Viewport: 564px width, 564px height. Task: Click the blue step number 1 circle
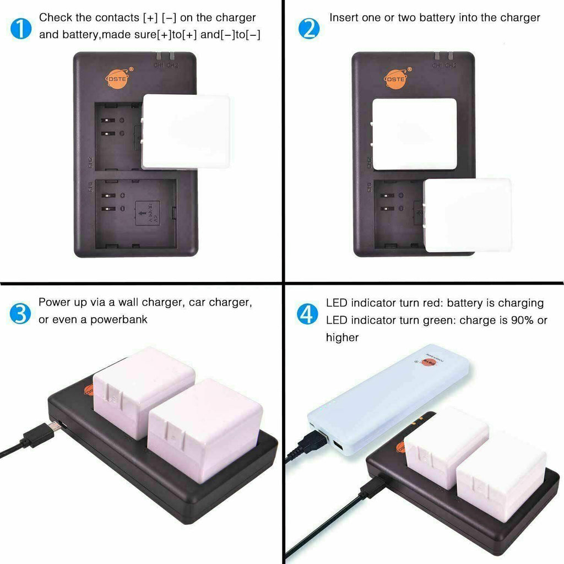click(x=21, y=28)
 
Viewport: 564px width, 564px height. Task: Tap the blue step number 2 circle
click(x=308, y=28)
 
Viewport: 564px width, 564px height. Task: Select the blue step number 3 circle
click(x=21, y=313)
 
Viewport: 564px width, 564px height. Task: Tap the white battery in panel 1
click(x=186, y=131)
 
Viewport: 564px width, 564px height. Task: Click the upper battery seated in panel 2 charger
click(x=414, y=133)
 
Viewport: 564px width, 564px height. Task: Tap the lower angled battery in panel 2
click(x=467, y=215)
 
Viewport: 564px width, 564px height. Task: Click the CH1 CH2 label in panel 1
click(x=166, y=65)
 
